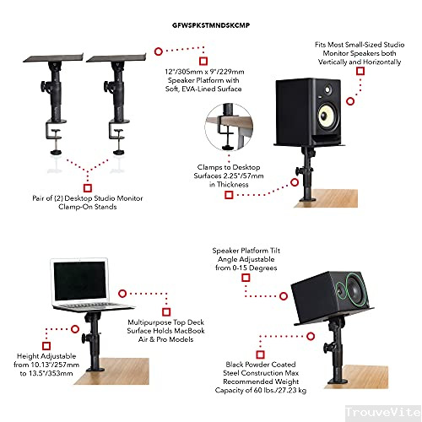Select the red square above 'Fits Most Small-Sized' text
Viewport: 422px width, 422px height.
[x=360, y=72]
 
